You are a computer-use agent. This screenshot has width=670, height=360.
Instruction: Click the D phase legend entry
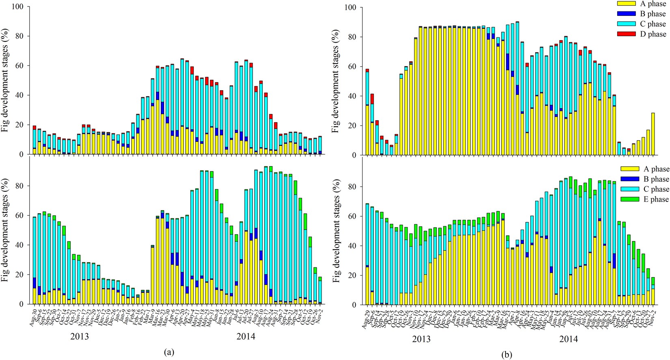pyautogui.click(x=653, y=34)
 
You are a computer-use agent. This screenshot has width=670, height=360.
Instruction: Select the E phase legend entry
pyautogui.click(x=654, y=199)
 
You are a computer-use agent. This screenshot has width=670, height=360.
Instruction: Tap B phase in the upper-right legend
pyautogui.click(x=653, y=14)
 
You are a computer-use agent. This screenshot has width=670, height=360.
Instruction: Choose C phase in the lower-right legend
pyautogui.click(x=654, y=189)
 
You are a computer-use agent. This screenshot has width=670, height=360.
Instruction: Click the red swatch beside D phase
pyautogui.click(x=626, y=34)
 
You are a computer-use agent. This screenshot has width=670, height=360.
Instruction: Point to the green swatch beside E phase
pyautogui.click(x=629, y=199)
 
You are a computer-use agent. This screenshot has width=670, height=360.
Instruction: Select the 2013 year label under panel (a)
pyautogui.click(x=80, y=336)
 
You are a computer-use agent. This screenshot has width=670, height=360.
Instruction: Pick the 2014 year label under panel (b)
pyautogui.click(x=568, y=339)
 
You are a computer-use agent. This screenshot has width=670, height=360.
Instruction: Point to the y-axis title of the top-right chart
pyautogui.click(x=335, y=81)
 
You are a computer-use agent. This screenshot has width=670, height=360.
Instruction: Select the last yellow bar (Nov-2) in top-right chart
pyautogui.click(x=653, y=134)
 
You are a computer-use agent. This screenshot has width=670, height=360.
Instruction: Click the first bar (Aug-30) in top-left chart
pyautogui.click(x=35, y=140)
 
